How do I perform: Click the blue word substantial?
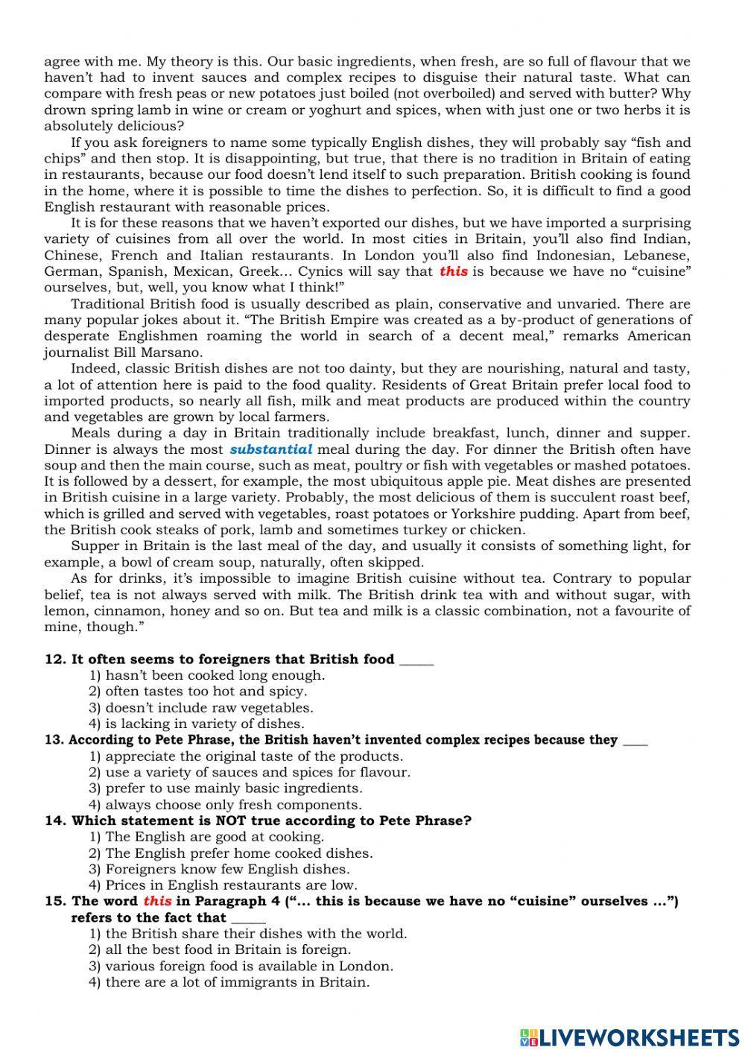tap(271, 449)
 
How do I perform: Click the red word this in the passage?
tap(454, 271)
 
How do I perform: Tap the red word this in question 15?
tap(157, 901)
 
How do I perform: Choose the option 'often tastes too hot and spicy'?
tap(206, 692)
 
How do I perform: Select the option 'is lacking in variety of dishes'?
tap(204, 724)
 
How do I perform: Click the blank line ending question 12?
tap(416, 660)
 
